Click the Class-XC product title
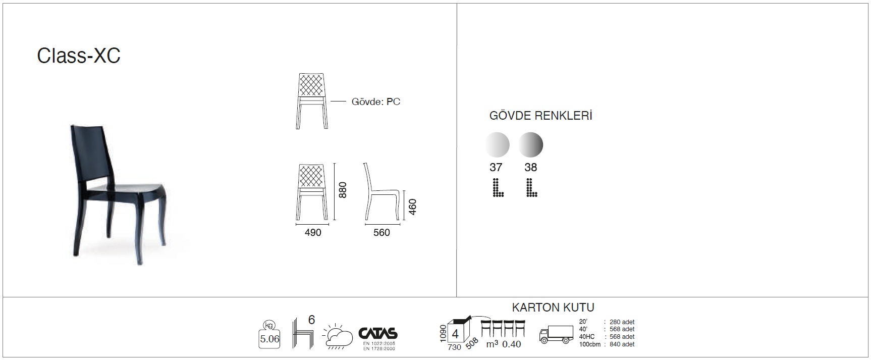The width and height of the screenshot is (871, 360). [79, 56]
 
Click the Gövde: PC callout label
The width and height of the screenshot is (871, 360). [375, 102]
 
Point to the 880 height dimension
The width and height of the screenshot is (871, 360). [343, 190]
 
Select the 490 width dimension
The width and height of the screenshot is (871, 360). [313, 232]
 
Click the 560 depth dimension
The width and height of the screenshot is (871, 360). [382, 232]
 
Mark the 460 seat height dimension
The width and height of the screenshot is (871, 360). [412, 207]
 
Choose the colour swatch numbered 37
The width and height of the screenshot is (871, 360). [497, 145]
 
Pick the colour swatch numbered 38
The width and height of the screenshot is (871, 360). [530, 145]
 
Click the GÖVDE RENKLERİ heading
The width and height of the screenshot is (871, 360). [540, 116]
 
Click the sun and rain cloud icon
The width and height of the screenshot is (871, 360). [338, 335]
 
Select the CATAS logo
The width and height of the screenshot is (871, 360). [378, 334]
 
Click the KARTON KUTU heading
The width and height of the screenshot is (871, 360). [553, 307]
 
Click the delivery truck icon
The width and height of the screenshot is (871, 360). [556, 334]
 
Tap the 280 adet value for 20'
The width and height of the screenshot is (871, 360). [622, 322]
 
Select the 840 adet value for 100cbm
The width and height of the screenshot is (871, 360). [622, 344]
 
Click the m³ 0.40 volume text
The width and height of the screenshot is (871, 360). [503, 344]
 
